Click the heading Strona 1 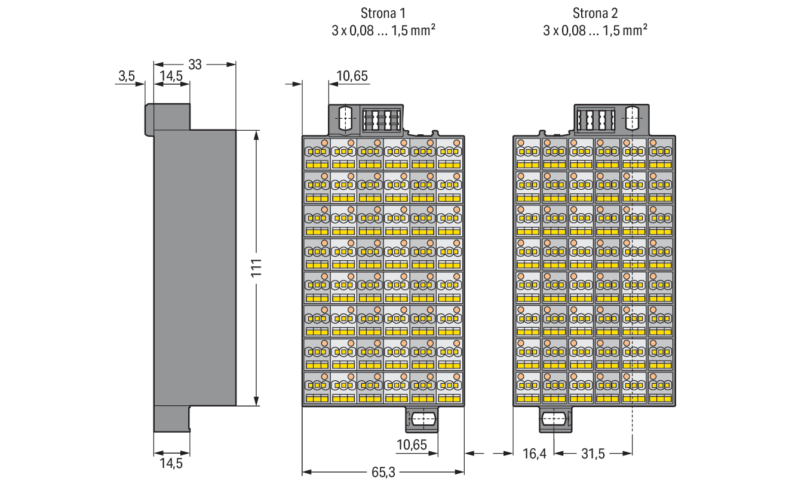pyautogui.click(x=383, y=13)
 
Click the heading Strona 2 pyautogui.click(x=595, y=13)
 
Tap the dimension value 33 pyautogui.click(x=195, y=65)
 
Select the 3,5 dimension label pyautogui.click(x=127, y=76)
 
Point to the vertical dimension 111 pyautogui.click(x=256, y=268)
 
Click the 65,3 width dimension pyautogui.click(x=383, y=472)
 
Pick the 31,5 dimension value pyautogui.click(x=593, y=454)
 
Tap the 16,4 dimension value pyautogui.click(x=535, y=454)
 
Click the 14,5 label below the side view pyautogui.click(x=171, y=464)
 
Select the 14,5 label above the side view pyautogui.click(x=171, y=76)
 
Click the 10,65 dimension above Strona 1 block pyautogui.click(x=352, y=76)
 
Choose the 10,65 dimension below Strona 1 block pyautogui.click(x=412, y=445)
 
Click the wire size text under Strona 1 pyautogui.click(x=383, y=30)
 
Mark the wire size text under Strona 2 pyautogui.click(x=595, y=30)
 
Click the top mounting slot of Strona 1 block pyautogui.click(x=345, y=118)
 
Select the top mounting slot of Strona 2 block pyautogui.click(x=632, y=118)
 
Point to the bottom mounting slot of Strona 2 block pyautogui.click(x=554, y=419)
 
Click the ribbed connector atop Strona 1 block pyautogui.click(x=382, y=121)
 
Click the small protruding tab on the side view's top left pyautogui.click(x=149, y=120)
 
